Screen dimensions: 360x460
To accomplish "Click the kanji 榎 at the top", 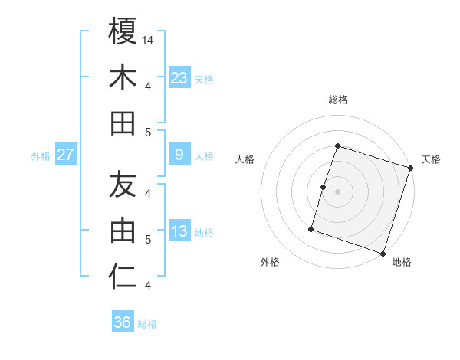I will [123, 33].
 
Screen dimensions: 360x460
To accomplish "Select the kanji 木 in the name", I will [123, 78].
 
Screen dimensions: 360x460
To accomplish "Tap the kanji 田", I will [123, 123].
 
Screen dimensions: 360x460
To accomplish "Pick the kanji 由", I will [123, 231].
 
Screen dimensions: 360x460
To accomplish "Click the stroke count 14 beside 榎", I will [149, 41].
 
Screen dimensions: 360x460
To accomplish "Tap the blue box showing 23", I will [179, 77].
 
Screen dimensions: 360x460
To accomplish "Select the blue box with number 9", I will [179, 155].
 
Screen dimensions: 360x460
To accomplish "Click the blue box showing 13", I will [179, 231].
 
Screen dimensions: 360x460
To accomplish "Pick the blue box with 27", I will [66, 155].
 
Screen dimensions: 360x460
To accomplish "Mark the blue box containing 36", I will [122, 322].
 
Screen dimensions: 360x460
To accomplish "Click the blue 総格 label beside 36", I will [147, 324].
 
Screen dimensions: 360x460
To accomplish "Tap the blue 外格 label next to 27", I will [41, 156].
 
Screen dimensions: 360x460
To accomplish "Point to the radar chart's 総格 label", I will [337, 100].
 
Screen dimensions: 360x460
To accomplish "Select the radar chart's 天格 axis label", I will [431, 159].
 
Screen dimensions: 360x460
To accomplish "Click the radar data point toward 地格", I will [383, 253].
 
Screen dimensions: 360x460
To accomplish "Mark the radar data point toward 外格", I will [311, 228].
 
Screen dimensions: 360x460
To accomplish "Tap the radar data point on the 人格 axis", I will [324, 187].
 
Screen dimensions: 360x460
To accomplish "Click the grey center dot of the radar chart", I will [337, 191].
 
